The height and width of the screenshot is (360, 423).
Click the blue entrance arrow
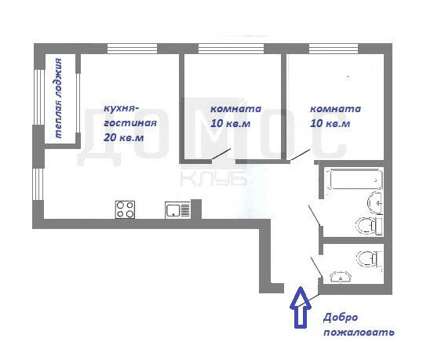tap(301, 307)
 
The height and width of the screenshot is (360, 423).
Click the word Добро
tap(341, 318)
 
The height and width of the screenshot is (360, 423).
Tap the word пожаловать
tap(359, 333)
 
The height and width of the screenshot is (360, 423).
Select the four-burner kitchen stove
tap(125, 209)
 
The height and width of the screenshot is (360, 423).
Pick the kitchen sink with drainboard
tap(178, 210)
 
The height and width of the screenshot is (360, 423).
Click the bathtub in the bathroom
tap(354, 179)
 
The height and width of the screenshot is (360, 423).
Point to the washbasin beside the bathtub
tap(375, 202)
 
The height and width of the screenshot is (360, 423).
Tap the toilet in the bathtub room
tap(369, 226)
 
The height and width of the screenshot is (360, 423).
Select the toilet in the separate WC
tap(369, 259)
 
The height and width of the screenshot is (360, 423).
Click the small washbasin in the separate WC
tap(341, 277)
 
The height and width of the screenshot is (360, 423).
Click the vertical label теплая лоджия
tap(58, 98)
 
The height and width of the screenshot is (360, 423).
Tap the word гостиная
tap(130, 123)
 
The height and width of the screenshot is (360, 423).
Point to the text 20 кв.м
tap(123, 137)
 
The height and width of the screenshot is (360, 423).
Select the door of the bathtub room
tap(315, 216)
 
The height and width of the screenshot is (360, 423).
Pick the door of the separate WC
tap(317, 267)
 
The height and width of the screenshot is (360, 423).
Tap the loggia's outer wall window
tap(38, 97)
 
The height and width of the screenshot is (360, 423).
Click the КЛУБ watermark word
tap(213, 178)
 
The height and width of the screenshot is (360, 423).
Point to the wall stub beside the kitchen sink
tap(196, 209)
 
